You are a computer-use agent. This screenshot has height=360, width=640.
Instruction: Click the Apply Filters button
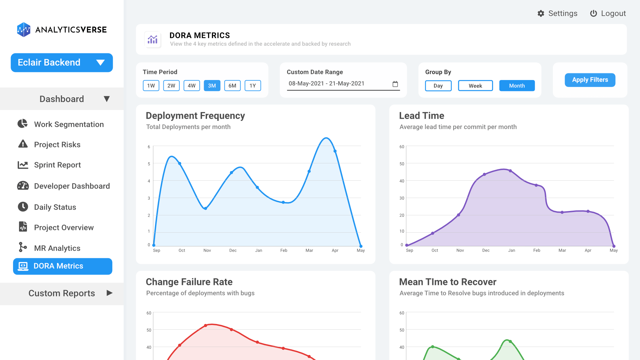pos(590,80)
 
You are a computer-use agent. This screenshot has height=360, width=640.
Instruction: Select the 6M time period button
pos(232,86)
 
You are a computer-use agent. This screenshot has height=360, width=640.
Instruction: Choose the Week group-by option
pos(475,86)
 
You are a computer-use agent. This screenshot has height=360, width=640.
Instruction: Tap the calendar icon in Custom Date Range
pos(395,84)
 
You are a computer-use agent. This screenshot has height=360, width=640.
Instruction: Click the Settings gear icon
pos(541,13)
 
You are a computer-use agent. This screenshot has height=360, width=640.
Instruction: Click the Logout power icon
pos(593,13)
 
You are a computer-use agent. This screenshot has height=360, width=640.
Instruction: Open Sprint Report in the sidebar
pos(57,165)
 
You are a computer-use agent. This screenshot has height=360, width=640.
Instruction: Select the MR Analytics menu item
pos(57,248)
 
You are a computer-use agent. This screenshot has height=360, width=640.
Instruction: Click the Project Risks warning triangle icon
pos(23,144)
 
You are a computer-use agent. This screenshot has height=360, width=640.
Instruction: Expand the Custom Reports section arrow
pos(109,293)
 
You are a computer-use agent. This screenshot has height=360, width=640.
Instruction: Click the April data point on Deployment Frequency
pos(335,151)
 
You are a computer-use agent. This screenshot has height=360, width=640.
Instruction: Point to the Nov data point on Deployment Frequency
pos(206,208)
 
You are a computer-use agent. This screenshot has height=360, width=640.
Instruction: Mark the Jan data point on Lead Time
pos(510,171)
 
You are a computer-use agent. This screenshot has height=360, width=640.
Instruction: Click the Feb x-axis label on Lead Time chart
pos(537,250)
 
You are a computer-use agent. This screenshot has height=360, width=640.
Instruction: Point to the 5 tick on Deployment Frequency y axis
pos(149,164)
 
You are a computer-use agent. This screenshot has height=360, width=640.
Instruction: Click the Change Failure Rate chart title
pos(189,282)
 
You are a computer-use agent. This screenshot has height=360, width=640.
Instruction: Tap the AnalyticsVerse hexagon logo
pos(24,30)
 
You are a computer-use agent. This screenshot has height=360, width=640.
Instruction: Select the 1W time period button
pos(151,86)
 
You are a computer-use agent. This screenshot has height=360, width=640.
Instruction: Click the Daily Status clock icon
pos(23,207)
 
